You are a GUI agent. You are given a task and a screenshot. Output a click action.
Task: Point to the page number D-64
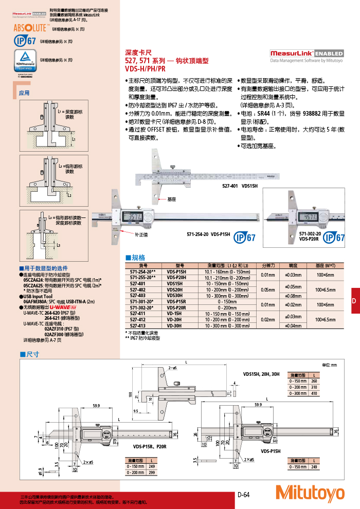(243, 495)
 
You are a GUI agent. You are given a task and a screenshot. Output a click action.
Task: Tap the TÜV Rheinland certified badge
(24, 60)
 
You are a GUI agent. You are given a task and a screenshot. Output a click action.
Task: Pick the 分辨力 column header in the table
(268, 265)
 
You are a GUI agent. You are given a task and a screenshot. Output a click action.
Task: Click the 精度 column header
(293, 265)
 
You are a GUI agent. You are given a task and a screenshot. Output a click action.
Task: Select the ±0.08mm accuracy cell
(293, 296)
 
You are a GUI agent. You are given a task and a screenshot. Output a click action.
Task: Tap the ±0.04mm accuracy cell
(293, 325)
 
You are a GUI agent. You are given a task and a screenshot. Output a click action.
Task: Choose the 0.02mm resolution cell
(268, 319)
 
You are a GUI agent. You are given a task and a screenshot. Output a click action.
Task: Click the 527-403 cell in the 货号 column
(138, 296)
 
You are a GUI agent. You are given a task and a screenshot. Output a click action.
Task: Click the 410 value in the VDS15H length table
(314, 393)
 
